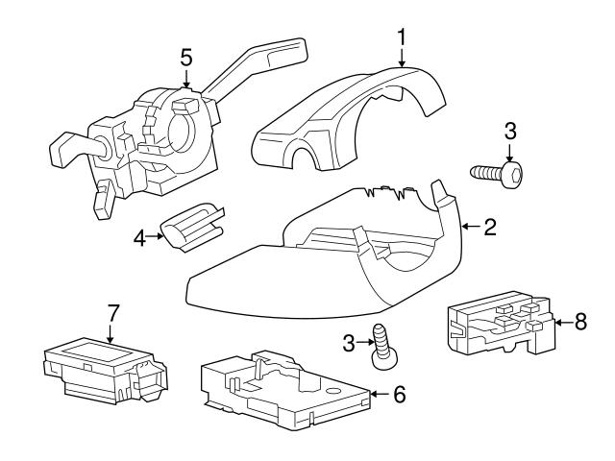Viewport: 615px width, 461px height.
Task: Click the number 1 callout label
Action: (x=402, y=36)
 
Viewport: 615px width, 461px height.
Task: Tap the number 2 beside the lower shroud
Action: (x=489, y=227)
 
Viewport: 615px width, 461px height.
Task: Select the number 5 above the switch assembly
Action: (x=187, y=57)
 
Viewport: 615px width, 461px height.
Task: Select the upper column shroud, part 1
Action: (x=356, y=120)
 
